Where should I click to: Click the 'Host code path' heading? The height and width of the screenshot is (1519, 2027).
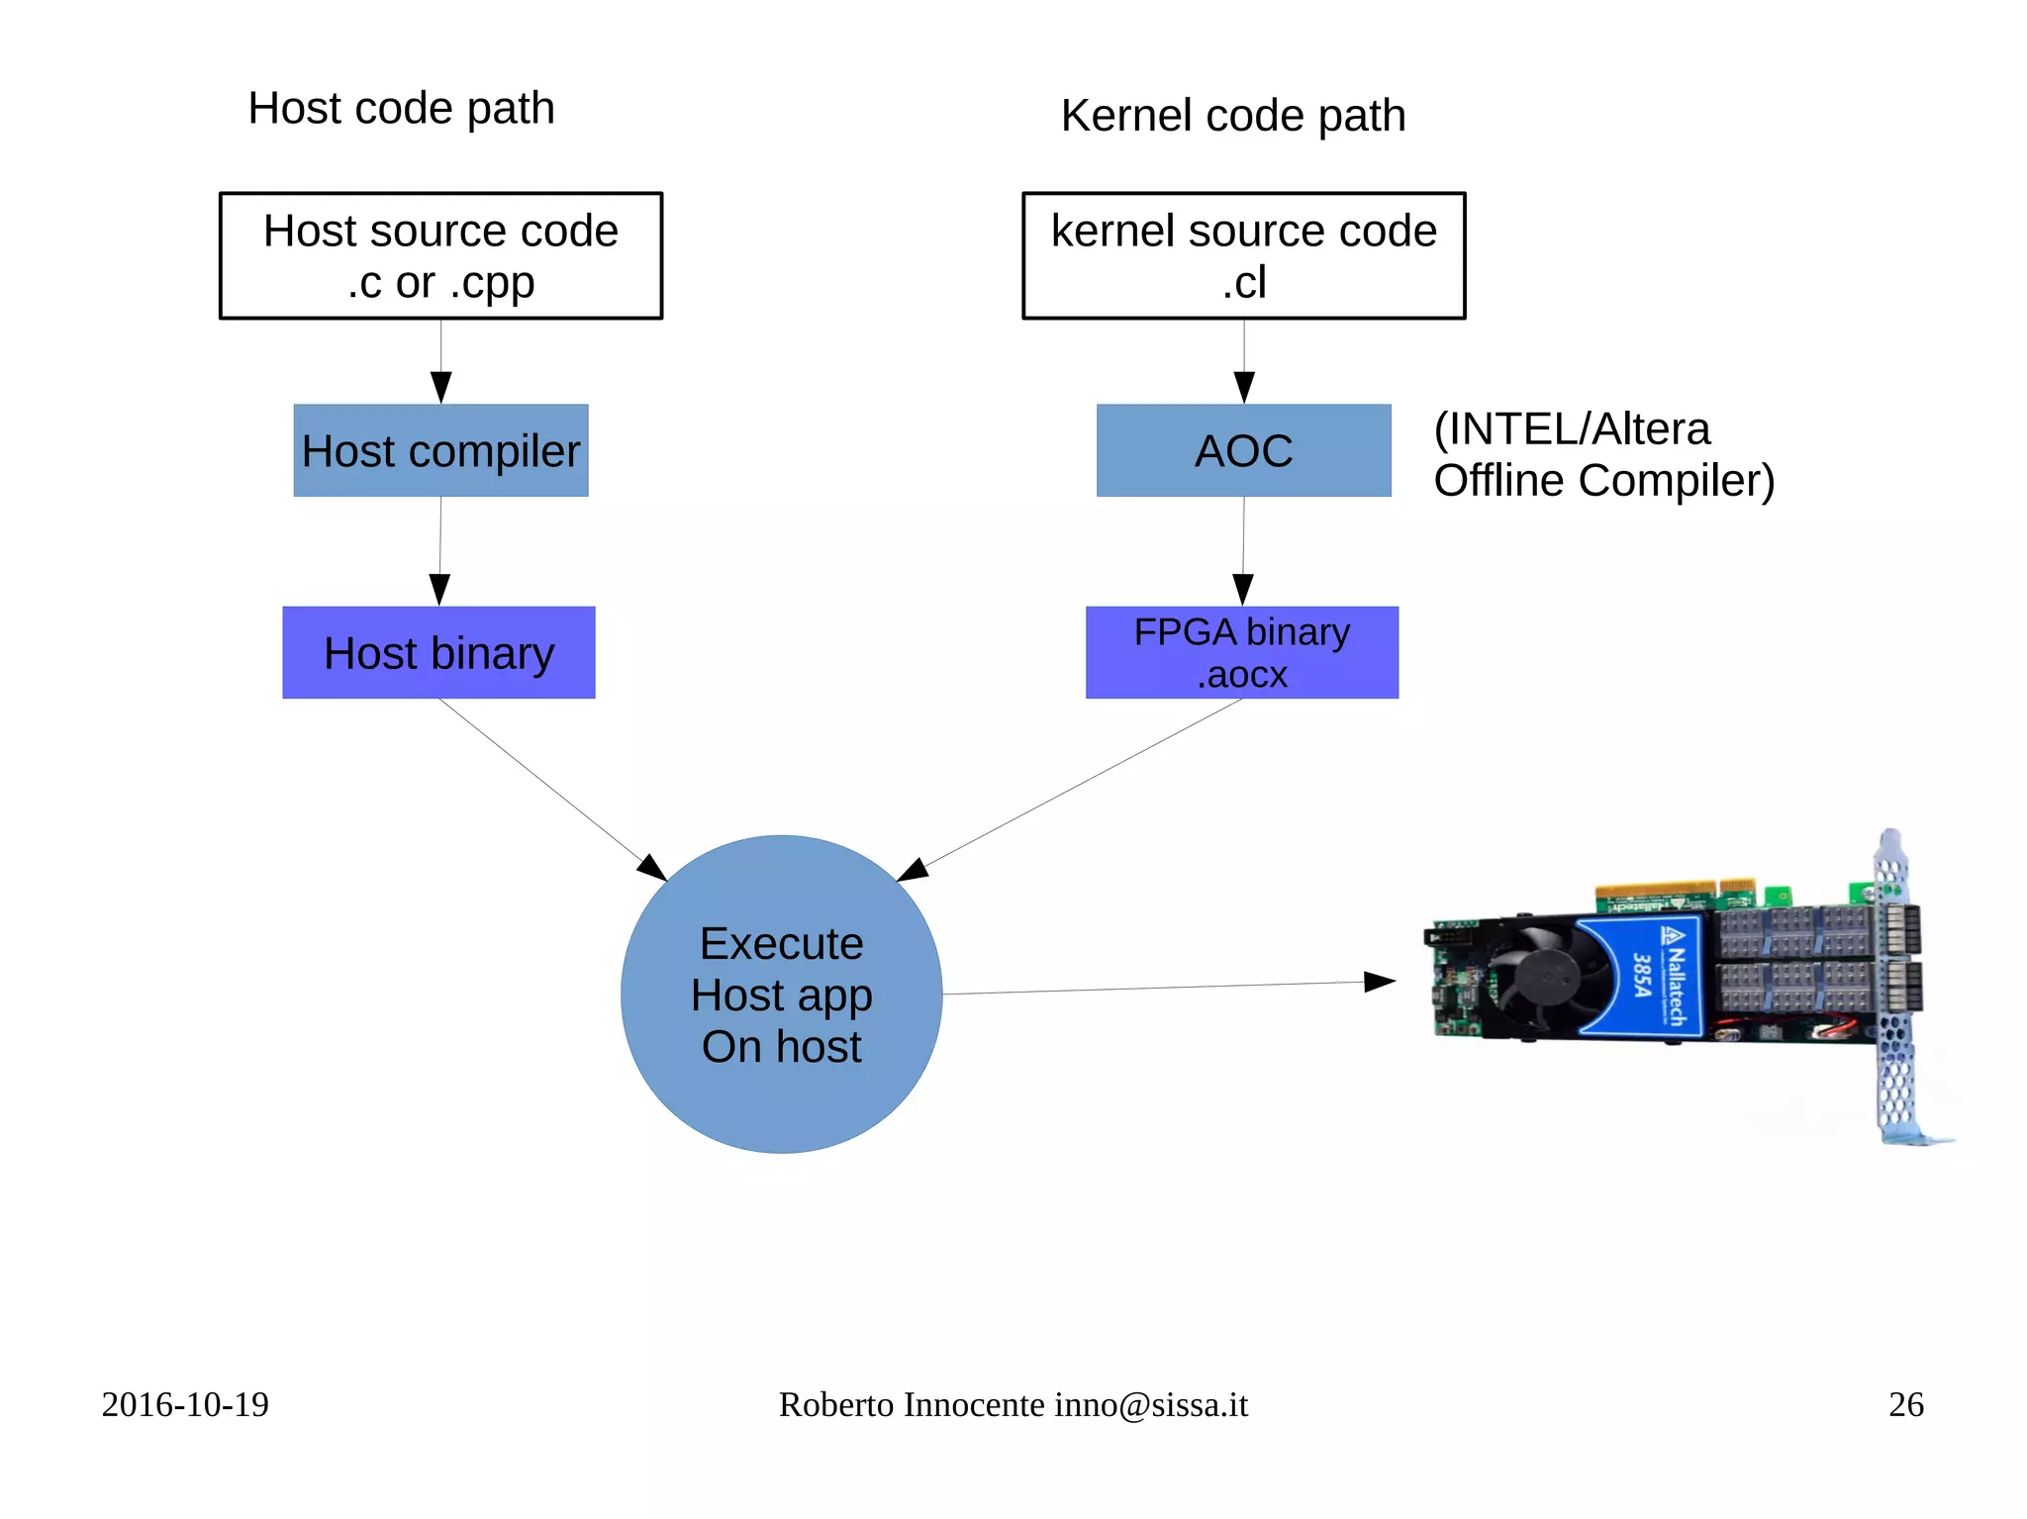(x=401, y=108)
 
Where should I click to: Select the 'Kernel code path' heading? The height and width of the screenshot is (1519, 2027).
(x=1232, y=116)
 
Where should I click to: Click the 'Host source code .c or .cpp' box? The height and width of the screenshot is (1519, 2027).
(x=440, y=255)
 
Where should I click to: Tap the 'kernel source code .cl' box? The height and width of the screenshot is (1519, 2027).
(x=1243, y=255)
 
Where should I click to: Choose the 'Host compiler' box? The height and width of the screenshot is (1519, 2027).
(x=440, y=450)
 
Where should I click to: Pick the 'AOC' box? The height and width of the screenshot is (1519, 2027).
(x=1243, y=450)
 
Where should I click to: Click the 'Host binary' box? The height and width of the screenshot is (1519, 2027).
(x=438, y=652)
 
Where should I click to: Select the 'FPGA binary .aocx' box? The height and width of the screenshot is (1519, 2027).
(x=1241, y=652)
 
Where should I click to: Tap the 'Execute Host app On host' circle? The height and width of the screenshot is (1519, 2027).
(x=781, y=994)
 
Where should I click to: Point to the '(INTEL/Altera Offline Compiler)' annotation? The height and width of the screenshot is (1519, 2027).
(x=1603, y=454)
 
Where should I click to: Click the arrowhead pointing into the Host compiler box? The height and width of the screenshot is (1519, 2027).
(x=441, y=387)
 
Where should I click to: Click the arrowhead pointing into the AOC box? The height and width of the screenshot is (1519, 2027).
(x=1244, y=387)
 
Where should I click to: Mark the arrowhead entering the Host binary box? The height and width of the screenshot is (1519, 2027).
(x=439, y=589)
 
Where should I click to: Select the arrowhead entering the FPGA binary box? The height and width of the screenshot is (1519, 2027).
(x=1243, y=589)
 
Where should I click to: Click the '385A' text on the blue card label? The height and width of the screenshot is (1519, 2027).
(x=1641, y=974)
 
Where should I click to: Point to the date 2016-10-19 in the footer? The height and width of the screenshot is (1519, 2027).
(x=185, y=1404)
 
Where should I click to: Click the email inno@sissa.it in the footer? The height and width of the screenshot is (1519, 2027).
(x=1150, y=1404)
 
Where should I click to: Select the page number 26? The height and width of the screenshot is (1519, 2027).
(x=1905, y=1404)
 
